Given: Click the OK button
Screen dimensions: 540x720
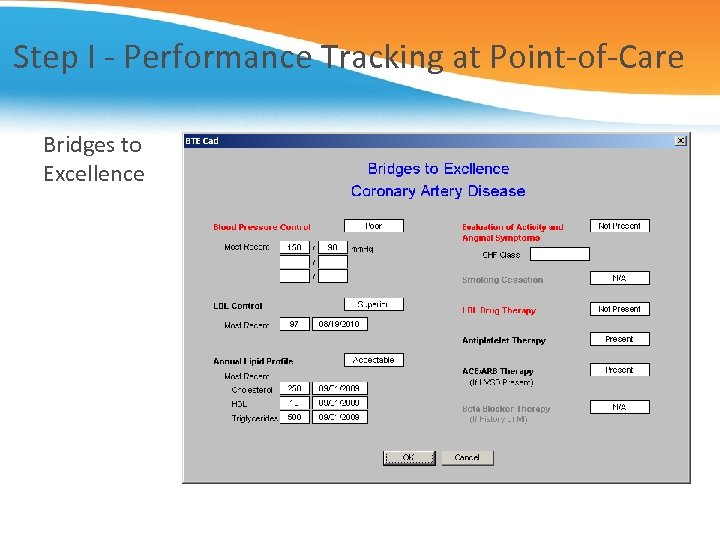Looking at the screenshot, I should [408, 458].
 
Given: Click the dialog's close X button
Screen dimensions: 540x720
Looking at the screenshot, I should [681, 141].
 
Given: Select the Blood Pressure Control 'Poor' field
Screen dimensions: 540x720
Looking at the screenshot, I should [373, 226].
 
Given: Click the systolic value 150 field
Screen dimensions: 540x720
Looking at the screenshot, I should [294, 247].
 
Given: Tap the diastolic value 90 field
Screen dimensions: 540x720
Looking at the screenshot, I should [333, 247].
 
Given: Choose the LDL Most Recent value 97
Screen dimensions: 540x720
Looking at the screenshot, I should [294, 324].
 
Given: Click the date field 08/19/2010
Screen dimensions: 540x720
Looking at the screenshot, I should [340, 324].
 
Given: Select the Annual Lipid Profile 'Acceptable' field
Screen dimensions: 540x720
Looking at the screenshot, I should [373, 360].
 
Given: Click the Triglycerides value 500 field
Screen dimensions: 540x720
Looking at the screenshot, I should [294, 418].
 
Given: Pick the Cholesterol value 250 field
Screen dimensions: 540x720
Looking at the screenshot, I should [294, 388].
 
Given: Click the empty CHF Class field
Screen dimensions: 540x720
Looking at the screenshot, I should [559, 255].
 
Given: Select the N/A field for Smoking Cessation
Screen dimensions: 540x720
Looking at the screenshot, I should [619, 278].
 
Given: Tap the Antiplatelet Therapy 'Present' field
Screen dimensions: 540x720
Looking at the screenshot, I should [619, 339].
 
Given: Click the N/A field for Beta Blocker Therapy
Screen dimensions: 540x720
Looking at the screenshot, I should [619, 407].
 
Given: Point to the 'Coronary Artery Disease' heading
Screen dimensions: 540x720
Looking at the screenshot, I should [438, 191].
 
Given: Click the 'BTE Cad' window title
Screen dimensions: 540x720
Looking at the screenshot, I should [202, 141].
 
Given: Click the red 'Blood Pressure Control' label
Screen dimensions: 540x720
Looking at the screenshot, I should [261, 227].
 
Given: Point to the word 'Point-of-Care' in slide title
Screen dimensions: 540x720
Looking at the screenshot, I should [587, 57].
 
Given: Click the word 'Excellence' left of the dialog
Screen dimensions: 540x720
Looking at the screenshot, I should [93, 174].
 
